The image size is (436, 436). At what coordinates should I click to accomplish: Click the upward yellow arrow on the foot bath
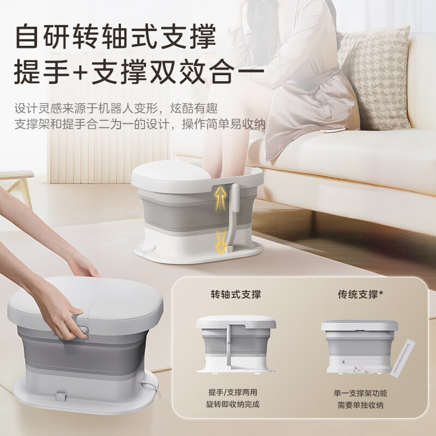click(221, 198)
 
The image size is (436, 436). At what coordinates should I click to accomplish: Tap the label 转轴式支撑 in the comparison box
click(236, 294)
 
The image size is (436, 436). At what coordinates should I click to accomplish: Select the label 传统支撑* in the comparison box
click(361, 294)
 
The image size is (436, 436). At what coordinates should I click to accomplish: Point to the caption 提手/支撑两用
click(233, 392)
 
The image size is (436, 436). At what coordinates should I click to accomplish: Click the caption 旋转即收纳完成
click(233, 404)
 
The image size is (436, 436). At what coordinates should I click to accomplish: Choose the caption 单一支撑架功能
click(360, 393)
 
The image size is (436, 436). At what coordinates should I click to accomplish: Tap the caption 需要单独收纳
click(360, 405)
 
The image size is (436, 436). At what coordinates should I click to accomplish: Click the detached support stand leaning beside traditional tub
click(402, 358)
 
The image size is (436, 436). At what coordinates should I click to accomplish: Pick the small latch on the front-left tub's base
click(60, 396)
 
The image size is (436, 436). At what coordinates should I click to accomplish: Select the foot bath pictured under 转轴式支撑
click(235, 344)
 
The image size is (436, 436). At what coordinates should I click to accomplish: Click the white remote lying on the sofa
click(332, 130)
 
